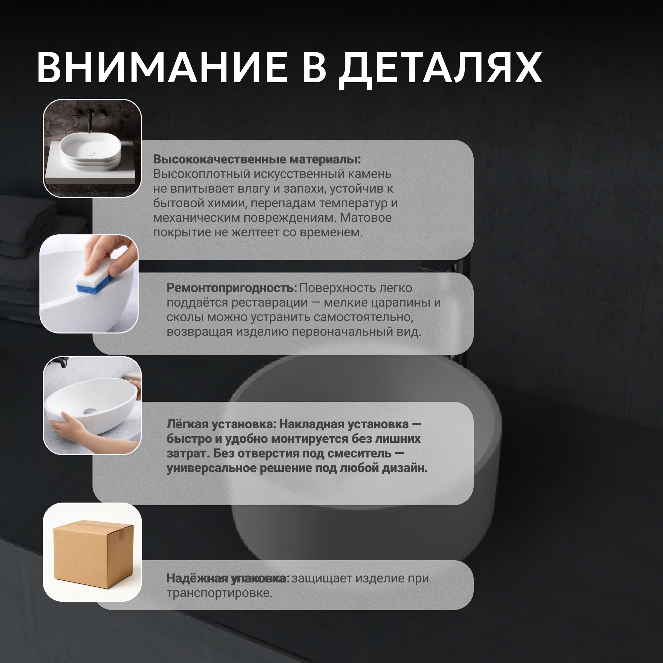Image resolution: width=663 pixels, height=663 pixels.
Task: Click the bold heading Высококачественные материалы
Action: point(257,159)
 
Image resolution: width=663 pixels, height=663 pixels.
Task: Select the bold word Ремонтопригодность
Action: point(232,288)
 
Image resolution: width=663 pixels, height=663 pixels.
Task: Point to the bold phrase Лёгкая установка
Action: point(221,424)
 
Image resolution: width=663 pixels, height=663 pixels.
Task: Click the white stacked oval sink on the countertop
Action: point(90,152)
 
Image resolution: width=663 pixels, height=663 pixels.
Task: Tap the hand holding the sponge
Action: point(110,254)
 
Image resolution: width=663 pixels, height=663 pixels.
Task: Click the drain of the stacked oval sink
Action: point(90,153)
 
